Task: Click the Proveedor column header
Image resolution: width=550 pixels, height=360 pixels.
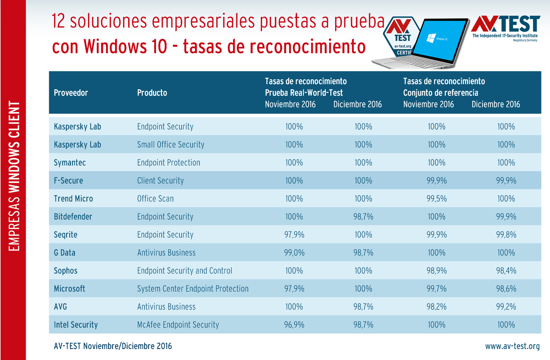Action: [71, 93]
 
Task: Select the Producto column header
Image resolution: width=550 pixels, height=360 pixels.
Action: [152, 93]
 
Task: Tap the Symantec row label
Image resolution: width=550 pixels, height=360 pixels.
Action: [70, 163]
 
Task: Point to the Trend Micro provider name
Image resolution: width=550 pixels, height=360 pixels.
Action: [73, 199]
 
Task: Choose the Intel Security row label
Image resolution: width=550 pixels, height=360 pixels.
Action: [76, 325]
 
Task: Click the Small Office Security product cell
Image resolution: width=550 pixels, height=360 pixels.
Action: [170, 145]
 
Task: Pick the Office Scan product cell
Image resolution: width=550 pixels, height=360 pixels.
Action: [155, 199]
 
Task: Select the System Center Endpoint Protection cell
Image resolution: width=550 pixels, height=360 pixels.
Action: [192, 289]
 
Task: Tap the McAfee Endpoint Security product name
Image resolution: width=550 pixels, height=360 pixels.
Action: [178, 325]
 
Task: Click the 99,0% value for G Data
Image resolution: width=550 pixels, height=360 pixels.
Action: [294, 253]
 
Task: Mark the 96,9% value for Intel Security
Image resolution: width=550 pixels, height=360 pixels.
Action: [294, 325]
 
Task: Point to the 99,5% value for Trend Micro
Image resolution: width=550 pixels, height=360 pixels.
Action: [437, 199]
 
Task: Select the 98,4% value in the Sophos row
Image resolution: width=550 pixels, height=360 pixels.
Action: [506, 271]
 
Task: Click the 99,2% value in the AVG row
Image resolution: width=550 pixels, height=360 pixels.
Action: [506, 307]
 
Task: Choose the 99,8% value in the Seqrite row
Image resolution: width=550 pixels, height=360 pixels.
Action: [506, 235]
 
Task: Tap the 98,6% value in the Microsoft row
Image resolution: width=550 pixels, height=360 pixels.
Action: [506, 289]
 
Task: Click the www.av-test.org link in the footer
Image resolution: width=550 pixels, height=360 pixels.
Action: [512, 346]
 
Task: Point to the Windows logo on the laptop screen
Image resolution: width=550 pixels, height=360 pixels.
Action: [431, 38]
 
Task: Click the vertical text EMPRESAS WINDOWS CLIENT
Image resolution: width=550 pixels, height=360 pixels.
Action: [14, 176]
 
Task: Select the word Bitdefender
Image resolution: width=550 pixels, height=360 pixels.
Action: [73, 217]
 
